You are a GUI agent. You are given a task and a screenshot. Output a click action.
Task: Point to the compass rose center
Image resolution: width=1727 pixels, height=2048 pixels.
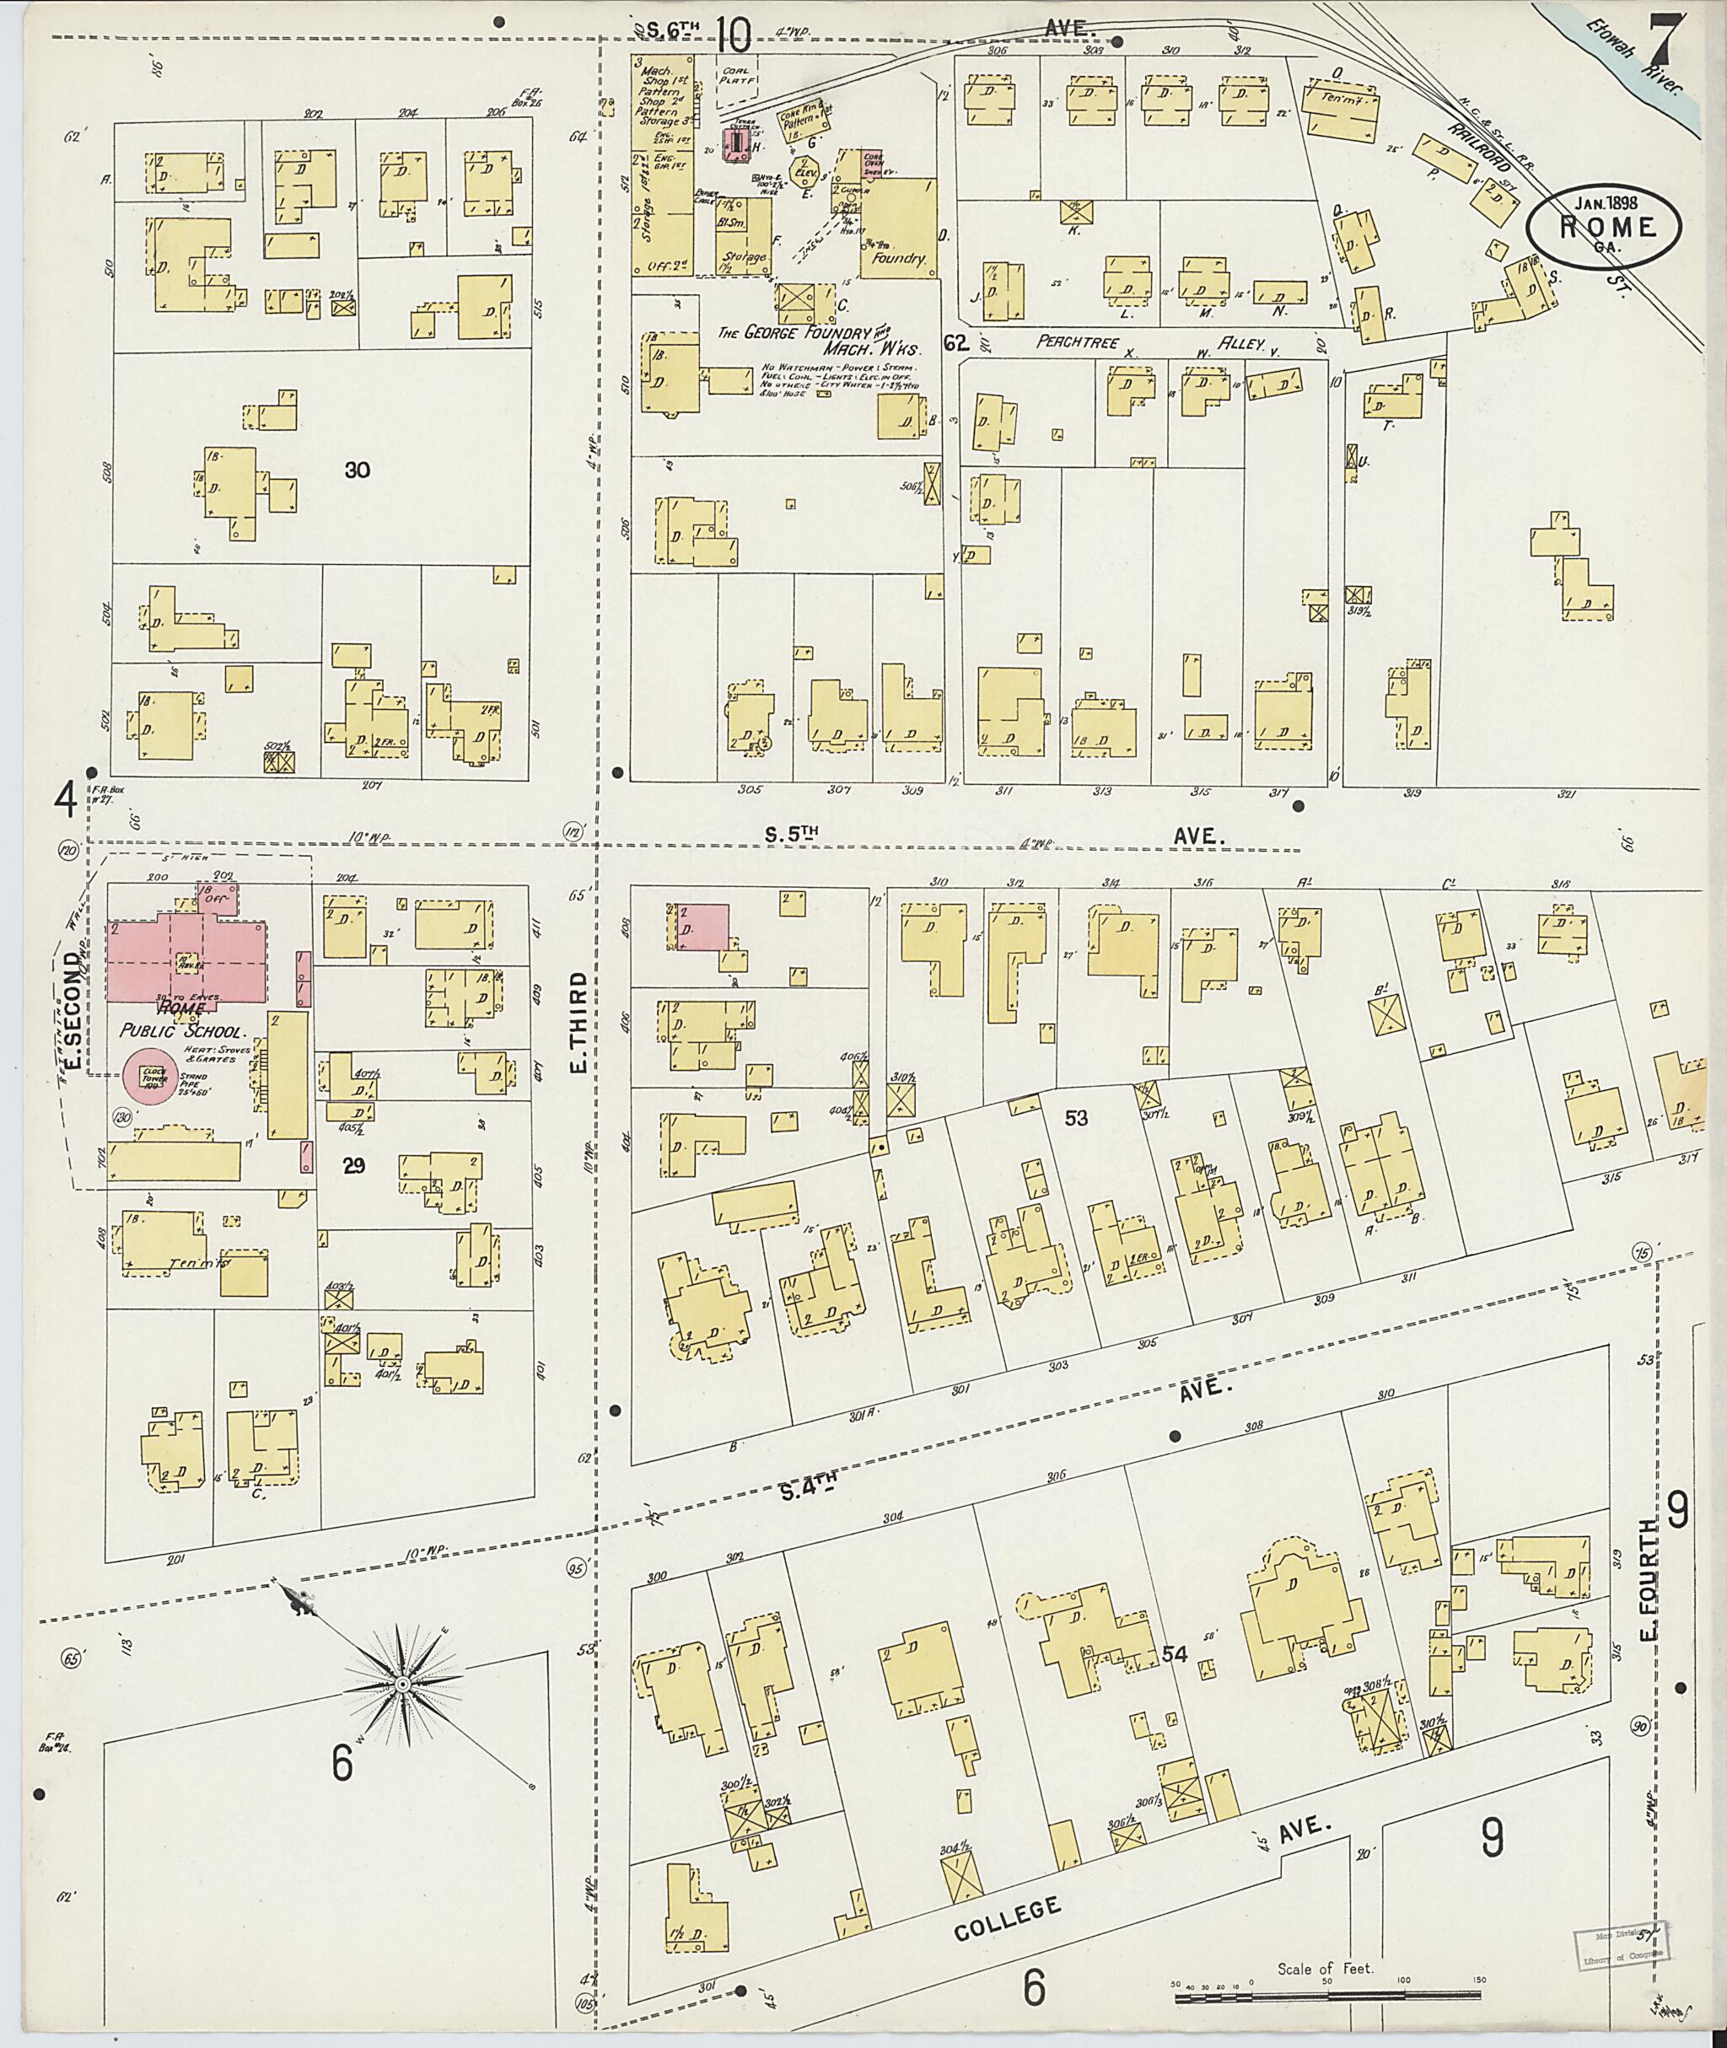[x=401, y=1684]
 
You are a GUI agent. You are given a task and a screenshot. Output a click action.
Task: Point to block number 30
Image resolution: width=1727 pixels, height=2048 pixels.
[x=357, y=470]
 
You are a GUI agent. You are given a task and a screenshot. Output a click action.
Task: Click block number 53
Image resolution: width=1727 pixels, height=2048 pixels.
[x=1076, y=1116]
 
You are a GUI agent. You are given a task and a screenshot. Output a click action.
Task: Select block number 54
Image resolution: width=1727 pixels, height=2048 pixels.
[x=1175, y=1653]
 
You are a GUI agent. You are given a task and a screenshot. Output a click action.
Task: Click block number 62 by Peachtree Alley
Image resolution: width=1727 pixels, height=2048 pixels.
[x=955, y=342]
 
